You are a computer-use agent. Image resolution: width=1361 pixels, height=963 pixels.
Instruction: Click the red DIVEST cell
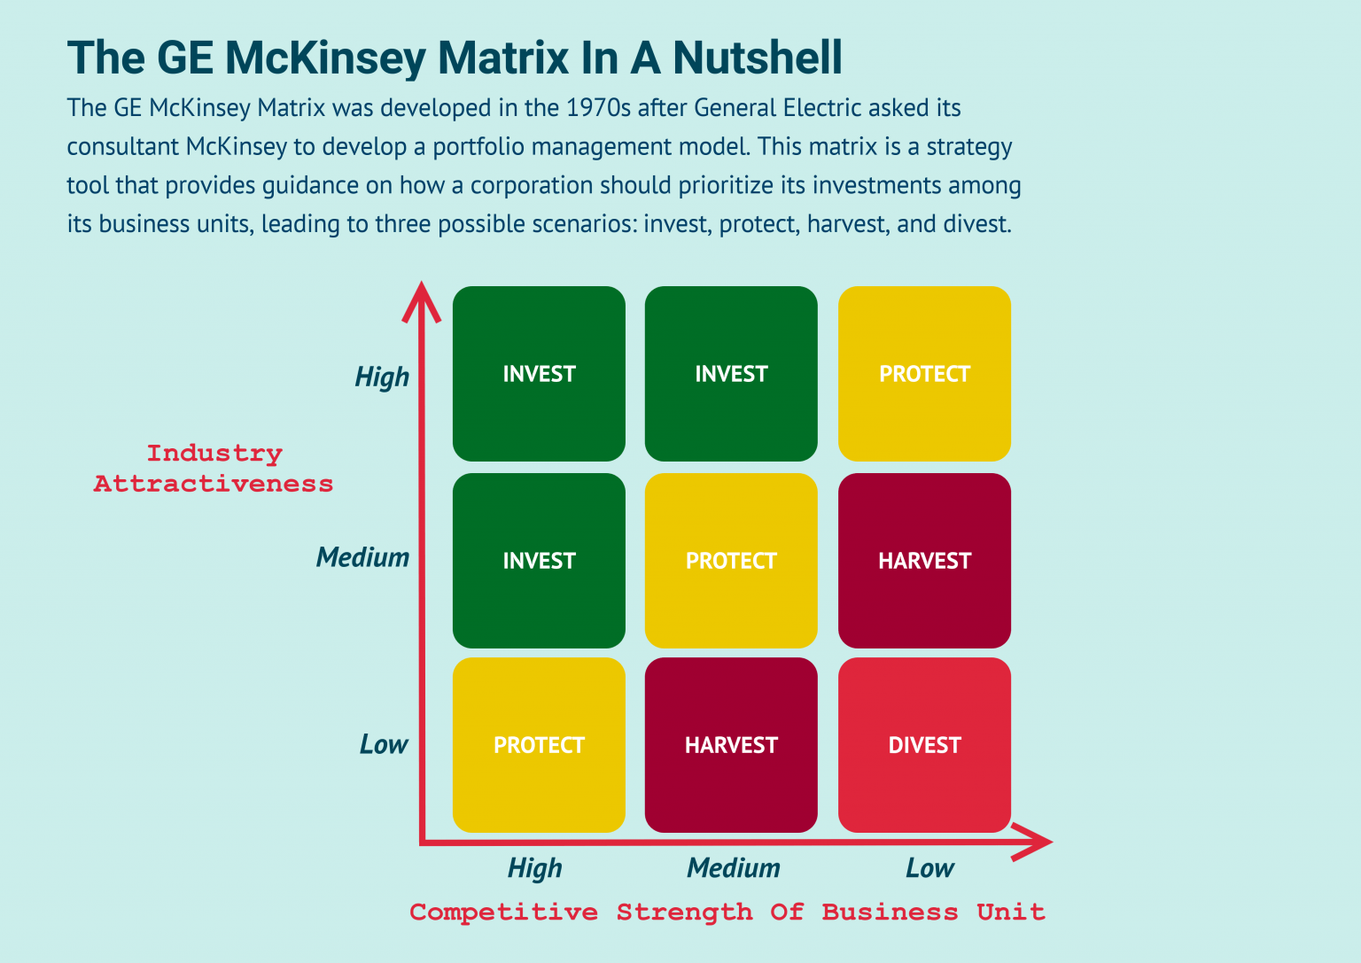924,745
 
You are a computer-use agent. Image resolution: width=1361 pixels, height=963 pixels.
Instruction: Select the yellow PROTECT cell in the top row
924,374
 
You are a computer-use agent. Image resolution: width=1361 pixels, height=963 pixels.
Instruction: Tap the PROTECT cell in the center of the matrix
731,561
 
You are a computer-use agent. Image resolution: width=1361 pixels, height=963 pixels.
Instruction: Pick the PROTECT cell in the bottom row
539,745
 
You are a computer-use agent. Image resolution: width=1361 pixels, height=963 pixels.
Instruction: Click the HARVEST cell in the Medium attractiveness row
924,561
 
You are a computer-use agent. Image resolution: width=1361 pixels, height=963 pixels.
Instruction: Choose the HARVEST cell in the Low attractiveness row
731,745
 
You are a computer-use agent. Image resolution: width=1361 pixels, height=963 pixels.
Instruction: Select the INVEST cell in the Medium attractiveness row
539,561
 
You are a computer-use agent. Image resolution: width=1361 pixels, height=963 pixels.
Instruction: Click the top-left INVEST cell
539,374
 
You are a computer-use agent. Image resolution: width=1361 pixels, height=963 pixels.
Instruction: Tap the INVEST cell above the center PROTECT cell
731,374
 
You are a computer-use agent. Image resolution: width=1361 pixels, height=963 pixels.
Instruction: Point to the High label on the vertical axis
382,377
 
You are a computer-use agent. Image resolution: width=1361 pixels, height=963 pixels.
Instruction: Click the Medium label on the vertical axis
363,557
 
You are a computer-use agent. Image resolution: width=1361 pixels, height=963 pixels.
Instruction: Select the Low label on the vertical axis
384,744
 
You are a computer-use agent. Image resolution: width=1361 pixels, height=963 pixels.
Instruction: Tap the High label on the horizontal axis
535,868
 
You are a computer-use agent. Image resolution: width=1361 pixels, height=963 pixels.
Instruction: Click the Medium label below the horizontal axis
734,868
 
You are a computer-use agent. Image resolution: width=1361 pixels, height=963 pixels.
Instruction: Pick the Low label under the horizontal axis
929,868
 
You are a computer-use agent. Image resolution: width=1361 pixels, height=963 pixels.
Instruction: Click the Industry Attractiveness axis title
214,469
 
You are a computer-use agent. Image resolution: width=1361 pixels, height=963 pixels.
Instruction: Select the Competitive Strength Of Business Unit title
727,913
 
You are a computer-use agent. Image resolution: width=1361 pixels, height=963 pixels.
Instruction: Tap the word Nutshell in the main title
757,58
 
